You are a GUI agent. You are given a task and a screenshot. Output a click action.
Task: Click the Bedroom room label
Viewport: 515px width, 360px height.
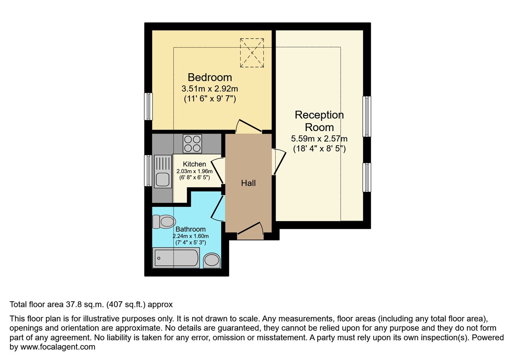point(209,77)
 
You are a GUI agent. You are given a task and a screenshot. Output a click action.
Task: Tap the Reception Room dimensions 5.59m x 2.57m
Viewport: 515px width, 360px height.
point(319,139)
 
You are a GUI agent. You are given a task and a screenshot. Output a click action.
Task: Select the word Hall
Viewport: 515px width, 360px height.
point(248,183)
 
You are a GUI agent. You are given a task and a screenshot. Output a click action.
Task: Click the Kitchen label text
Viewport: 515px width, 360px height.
point(194,164)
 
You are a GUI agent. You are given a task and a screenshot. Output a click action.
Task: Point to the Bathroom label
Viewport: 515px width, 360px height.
point(190,229)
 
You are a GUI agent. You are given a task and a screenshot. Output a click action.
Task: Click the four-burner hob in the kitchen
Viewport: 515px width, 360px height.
point(192,144)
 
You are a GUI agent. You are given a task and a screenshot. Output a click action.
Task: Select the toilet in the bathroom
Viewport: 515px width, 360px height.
point(164,221)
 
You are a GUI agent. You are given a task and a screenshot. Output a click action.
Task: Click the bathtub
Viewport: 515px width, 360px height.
point(176,258)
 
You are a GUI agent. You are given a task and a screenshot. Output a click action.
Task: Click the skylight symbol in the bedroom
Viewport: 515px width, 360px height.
point(252,53)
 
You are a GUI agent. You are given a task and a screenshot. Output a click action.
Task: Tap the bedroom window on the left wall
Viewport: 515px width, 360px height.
point(148,106)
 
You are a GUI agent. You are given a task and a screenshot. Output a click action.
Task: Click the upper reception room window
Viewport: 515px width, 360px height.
point(367,116)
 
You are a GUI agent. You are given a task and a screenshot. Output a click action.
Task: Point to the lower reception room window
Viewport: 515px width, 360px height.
point(367,177)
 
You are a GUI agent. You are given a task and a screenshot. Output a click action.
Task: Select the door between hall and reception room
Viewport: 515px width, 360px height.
point(278,162)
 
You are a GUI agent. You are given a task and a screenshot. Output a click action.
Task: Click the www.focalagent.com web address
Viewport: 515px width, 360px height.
point(57,347)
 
